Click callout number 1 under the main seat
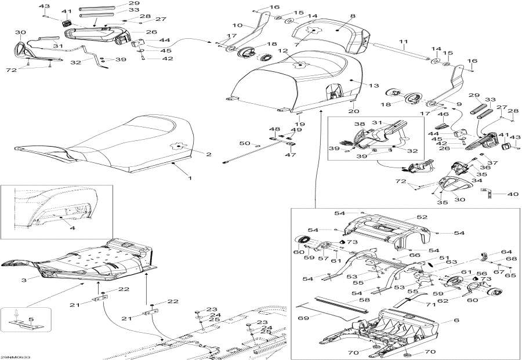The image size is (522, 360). [x=189, y=172]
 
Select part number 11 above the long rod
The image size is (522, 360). [x=403, y=42]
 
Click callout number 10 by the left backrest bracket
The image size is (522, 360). [x=237, y=26]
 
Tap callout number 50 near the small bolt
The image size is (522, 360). [x=244, y=143]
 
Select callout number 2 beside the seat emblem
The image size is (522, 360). [x=209, y=154]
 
